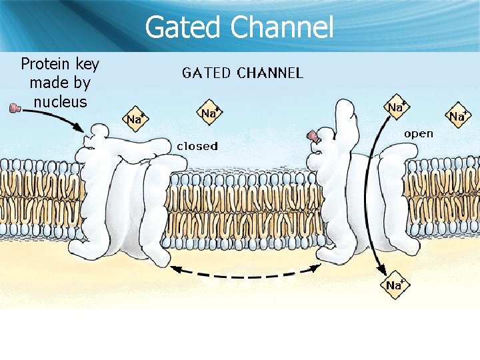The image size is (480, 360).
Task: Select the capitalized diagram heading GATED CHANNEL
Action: [x=243, y=73]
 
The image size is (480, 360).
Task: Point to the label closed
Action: [x=197, y=145]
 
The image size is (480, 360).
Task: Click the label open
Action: [x=418, y=133]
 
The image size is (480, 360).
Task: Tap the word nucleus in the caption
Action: [x=59, y=102]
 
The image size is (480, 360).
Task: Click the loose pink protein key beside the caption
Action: [x=14, y=108]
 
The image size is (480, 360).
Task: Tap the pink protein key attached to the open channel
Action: [x=312, y=137]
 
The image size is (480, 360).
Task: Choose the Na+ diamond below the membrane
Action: [x=393, y=285]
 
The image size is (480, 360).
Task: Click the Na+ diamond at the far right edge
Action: [x=458, y=116]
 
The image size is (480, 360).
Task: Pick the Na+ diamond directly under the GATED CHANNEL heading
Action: [x=209, y=113]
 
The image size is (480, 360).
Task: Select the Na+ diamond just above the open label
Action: [x=396, y=107]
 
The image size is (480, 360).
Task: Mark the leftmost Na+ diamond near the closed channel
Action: [x=135, y=119]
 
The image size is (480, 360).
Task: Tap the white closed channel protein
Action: [x=127, y=193]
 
